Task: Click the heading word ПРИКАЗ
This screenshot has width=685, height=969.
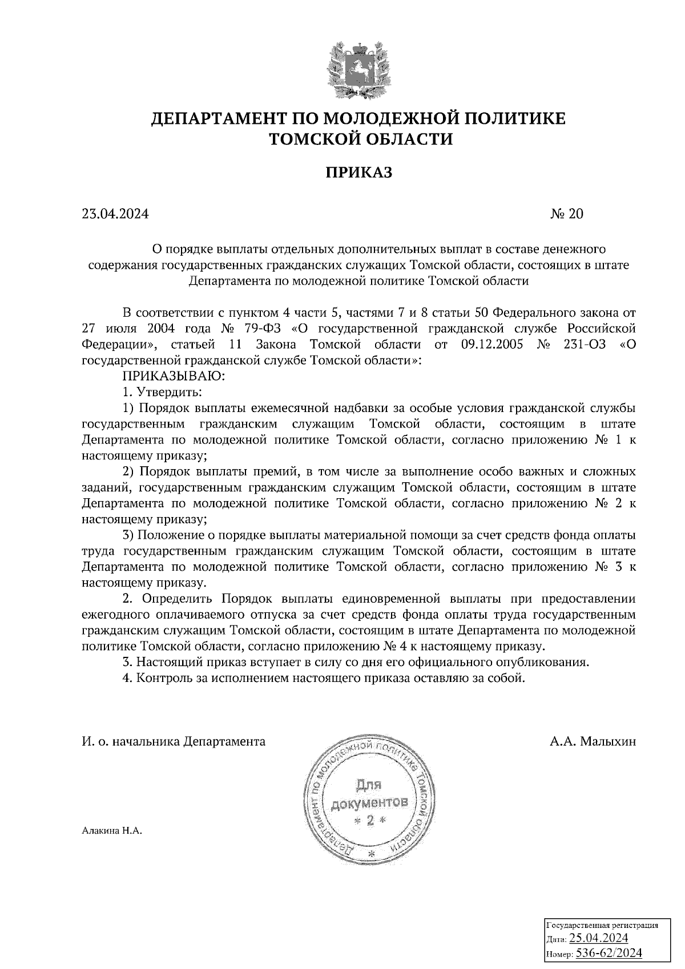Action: coord(359,172)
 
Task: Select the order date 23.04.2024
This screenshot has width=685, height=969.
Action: coord(115,214)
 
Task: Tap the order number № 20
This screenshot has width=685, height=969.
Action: coord(567,214)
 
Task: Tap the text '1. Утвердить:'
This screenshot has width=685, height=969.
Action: coord(162,393)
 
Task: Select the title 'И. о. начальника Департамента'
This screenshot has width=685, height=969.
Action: coord(174,741)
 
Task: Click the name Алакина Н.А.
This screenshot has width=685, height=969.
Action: coord(111,831)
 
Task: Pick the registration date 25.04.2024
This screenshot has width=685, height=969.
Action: coord(599,938)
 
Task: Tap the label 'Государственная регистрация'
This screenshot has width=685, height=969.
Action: coord(602,925)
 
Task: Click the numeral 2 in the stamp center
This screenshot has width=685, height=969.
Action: coord(370,821)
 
